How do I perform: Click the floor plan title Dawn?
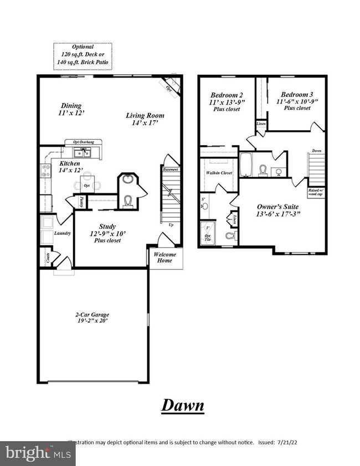[183, 405]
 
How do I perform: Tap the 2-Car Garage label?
[92, 315]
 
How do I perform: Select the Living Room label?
[145, 115]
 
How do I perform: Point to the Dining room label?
[70, 106]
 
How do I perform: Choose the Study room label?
[107, 226]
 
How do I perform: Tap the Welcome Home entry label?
[164, 258]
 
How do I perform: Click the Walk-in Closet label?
[219, 173]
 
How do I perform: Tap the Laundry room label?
[62, 233]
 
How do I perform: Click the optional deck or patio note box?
[83, 56]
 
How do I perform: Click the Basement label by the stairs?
[171, 169]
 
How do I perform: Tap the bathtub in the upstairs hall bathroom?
[246, 165]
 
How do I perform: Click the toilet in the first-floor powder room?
[128, 202]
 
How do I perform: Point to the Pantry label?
[82, 202]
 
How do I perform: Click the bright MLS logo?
[38, 453]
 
